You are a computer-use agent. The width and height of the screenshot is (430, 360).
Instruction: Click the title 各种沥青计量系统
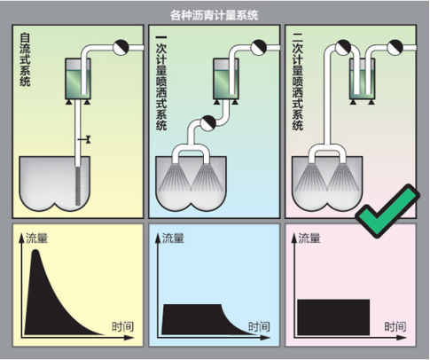[215, 15]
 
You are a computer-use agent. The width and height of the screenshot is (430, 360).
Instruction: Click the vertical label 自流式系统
[25, 59]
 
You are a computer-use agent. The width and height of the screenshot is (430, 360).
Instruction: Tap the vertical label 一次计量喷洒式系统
[161, 83]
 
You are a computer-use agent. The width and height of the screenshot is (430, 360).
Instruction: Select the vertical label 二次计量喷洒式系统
[298, 85]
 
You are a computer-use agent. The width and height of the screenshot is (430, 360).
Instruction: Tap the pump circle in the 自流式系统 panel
[121, 47]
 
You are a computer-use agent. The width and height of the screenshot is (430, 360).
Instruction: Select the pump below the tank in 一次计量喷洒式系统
[208, 123]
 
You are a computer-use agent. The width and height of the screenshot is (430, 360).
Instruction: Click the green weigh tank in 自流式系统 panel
[78, 79]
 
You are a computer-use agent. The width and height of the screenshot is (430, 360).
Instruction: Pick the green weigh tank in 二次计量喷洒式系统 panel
[362, 79]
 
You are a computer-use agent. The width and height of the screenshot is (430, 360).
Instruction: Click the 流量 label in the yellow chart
[36, 238]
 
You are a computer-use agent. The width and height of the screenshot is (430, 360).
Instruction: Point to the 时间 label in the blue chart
[259, 326]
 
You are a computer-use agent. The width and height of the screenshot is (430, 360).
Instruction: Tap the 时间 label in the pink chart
[395, 326]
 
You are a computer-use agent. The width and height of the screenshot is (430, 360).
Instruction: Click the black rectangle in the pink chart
[333, 317]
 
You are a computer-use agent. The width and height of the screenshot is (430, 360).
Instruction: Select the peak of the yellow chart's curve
[36, 250]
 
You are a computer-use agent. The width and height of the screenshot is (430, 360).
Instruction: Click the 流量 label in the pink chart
[309, 238]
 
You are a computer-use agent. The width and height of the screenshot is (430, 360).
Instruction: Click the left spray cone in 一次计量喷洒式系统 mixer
[175, 177]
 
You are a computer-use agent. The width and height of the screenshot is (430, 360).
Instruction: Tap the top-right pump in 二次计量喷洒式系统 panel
[395, 47]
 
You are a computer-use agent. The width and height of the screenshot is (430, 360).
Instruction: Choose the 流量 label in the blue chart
[173, 238]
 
